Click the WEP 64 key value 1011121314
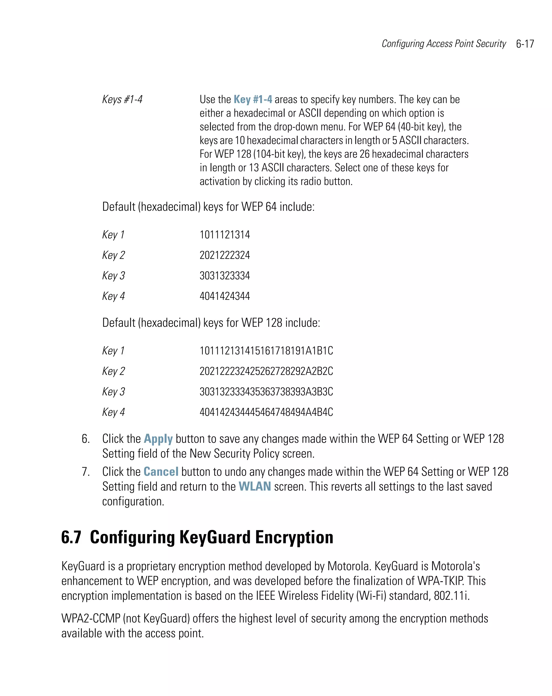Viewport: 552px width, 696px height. click(225, 235)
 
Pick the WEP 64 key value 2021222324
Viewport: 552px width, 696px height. click(225, 255)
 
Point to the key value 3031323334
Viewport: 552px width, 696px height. click(225, 276)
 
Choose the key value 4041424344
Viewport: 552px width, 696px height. click(225, 296)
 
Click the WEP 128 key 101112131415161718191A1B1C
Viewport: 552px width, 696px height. click(266, 351)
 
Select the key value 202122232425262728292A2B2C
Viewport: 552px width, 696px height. click(266, 371)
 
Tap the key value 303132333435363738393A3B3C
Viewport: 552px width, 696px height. click(266, 392)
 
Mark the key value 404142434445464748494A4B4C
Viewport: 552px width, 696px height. click(266, 412)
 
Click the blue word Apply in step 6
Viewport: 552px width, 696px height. click(158, 439)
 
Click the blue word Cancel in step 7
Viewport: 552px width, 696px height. click(161, 472)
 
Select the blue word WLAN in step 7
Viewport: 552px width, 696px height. click(254, 487)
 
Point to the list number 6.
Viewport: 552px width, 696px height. click(85, 439)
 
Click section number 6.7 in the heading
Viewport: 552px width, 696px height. click(71, 538)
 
